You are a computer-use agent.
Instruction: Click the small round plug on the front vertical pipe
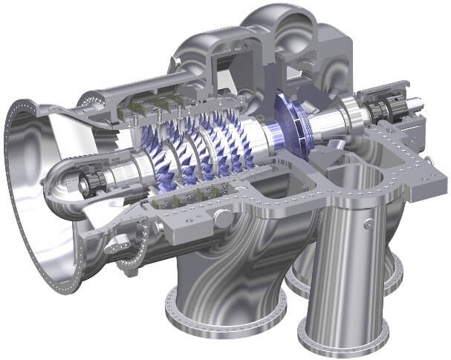[x=369, y=220]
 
